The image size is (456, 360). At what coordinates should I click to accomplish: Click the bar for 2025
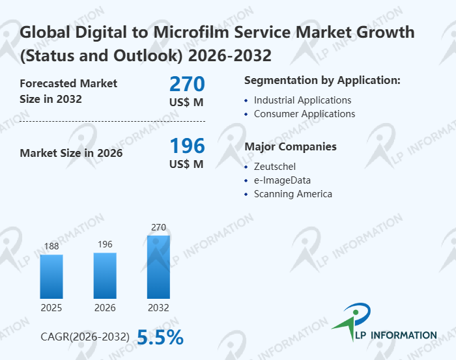51,276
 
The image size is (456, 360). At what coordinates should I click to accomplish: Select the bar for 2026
105,275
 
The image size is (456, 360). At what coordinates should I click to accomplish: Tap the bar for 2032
158,266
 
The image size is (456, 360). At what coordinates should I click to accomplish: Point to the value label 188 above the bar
51,246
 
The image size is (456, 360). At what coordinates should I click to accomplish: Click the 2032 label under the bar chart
158,307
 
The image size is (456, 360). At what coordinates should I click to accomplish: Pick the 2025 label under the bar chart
51,307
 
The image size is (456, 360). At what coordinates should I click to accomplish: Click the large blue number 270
187,84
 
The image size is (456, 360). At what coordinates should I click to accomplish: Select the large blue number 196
187,145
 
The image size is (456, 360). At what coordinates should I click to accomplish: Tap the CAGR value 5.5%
160,337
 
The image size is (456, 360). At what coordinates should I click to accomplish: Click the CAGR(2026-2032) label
85,337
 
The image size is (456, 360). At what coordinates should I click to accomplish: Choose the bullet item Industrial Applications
302,100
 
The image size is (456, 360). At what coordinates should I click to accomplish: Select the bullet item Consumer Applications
304,114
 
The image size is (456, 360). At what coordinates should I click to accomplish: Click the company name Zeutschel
274,167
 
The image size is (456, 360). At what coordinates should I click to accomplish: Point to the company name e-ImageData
282,180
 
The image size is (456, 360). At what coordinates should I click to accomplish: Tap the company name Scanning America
292,194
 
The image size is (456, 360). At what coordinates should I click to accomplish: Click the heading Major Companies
290,146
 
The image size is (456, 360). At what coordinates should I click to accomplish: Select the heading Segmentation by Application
322,81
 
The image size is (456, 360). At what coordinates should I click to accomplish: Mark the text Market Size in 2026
71,154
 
